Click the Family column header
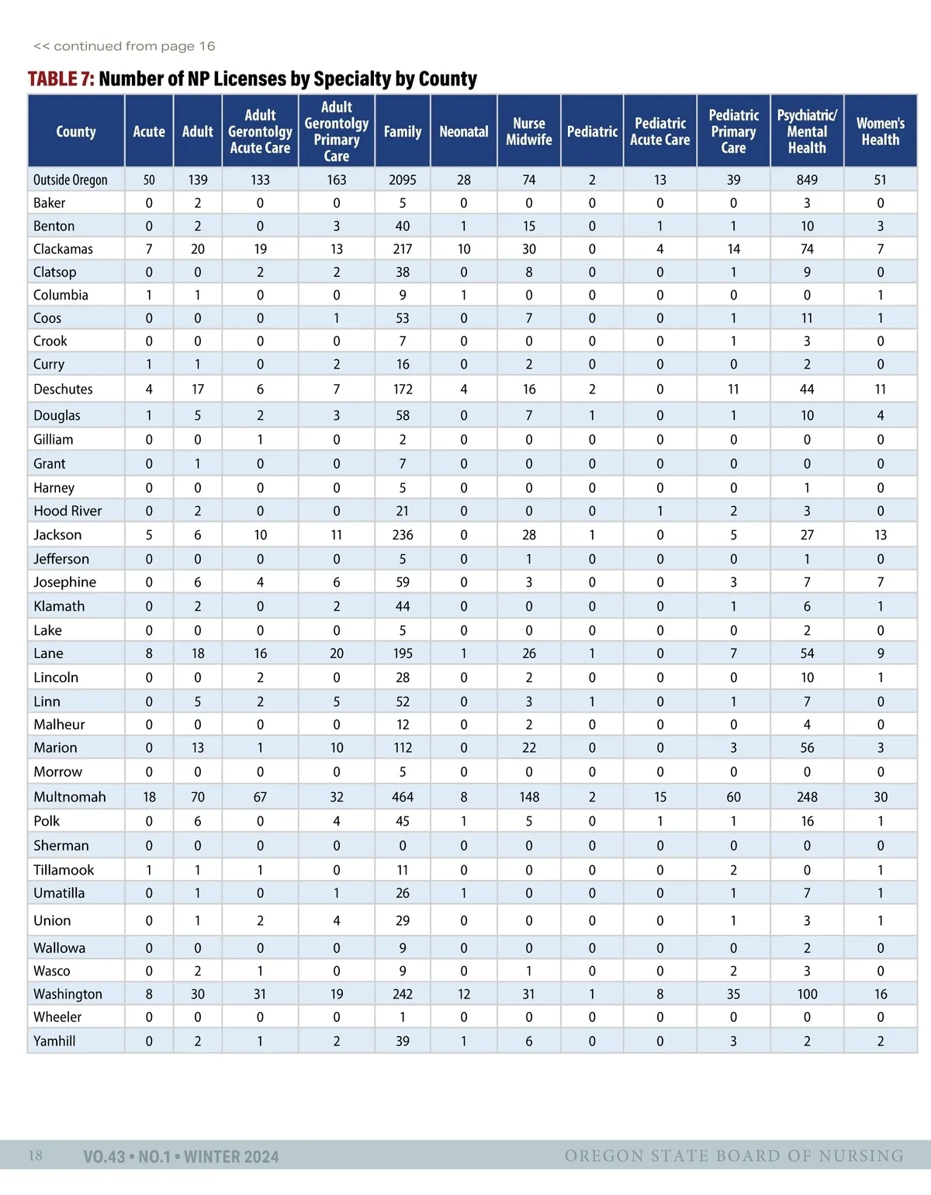pos(403,132)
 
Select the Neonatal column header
pos(464,132)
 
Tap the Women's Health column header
pos(881,132)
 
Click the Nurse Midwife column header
pos(529,132)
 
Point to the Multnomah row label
pos(69,797)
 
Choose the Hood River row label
pos(67,511)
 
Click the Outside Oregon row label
pos(70,180)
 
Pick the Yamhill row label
pos(54,1041)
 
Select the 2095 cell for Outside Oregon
pos(403,180)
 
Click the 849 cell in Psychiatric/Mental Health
pos(807,180)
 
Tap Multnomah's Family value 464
pos(403,797)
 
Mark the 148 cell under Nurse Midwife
pos(529,797)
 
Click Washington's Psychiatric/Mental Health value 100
pos(807,994)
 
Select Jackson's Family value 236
pos(403,535)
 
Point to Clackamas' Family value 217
pos(403,249)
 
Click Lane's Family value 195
pos(403,653)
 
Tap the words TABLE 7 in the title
pos(61,79)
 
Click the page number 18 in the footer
pos(36,1156)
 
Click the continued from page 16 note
pos(124,47)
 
